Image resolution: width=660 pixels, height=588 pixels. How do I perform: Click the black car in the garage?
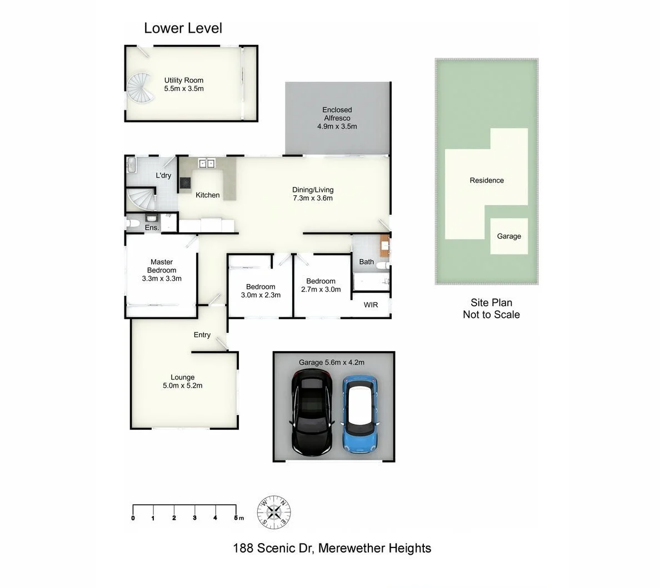click(312, 412)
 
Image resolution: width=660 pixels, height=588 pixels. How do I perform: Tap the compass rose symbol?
click(274, 511)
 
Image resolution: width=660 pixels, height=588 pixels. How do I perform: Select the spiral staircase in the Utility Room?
click(139, 89)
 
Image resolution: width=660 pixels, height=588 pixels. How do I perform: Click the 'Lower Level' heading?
click(183, 28)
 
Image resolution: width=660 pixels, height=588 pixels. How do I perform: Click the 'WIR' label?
click(371, 305)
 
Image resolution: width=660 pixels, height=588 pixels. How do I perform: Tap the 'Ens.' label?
click(152, 227)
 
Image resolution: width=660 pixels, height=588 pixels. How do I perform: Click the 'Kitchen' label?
click(207, 195)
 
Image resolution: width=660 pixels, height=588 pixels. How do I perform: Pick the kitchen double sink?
click(207, 164)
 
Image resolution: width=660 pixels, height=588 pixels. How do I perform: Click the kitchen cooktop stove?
click(185, 184)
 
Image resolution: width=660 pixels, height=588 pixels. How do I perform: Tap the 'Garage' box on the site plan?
click(509, 236)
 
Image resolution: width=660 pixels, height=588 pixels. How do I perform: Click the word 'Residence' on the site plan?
click(487, 180)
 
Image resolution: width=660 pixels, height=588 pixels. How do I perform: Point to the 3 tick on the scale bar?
click(194, 512)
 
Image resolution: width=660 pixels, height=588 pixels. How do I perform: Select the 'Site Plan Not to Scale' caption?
click(491, 308)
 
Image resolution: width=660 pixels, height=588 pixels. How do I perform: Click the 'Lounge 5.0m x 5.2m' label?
click(182, 381)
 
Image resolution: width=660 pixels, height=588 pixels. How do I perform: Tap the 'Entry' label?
click(202, 334)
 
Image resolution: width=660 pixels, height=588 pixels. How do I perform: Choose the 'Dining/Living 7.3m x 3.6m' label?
click(313, 194)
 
